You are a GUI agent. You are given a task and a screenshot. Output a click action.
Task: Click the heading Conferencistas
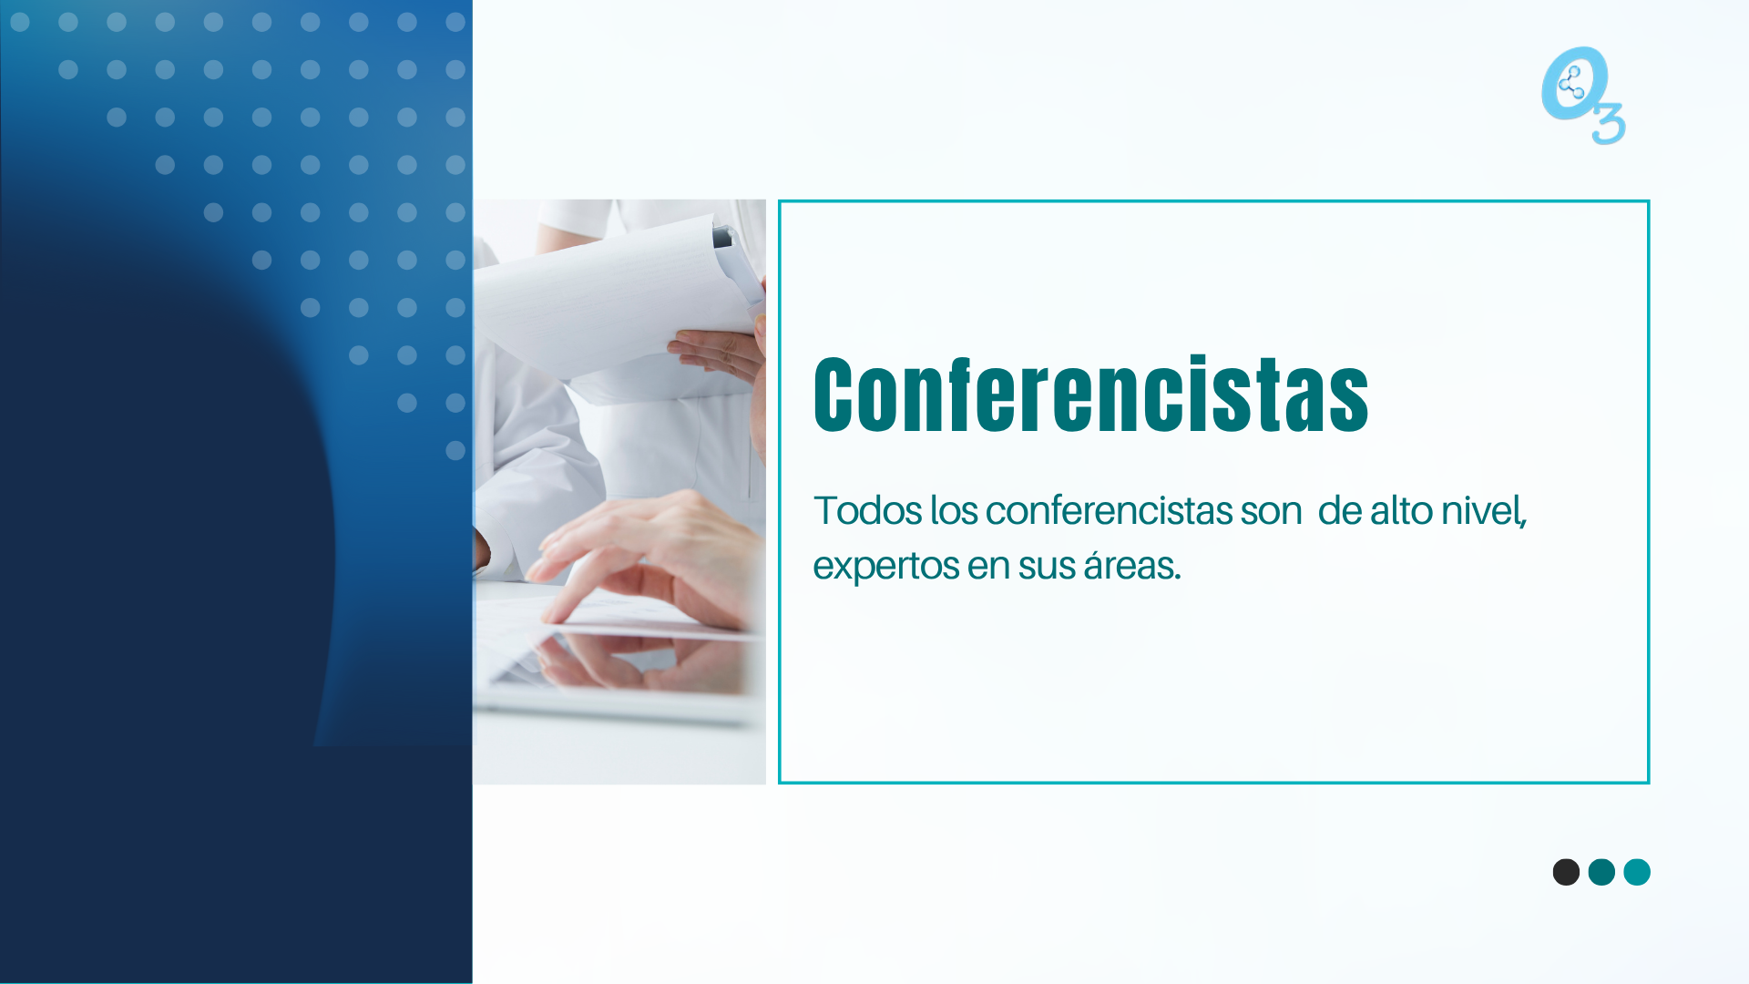point(1090,394)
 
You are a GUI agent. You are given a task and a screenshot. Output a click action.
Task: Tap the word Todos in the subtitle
point(868,510)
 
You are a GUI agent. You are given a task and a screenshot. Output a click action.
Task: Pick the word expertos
point(885,567)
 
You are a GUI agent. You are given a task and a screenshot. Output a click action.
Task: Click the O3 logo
point(1583,96)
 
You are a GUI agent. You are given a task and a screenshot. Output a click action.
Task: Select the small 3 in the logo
point(1609,125)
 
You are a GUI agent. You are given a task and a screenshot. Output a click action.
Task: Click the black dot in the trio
point(1566,872)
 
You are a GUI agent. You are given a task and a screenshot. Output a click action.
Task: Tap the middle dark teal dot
point(1601,872)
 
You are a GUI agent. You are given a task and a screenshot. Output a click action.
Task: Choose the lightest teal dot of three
point(1637,872)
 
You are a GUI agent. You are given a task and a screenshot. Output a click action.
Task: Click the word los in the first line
point(954,510)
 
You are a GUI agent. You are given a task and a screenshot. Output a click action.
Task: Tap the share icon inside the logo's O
point(1571,85)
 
